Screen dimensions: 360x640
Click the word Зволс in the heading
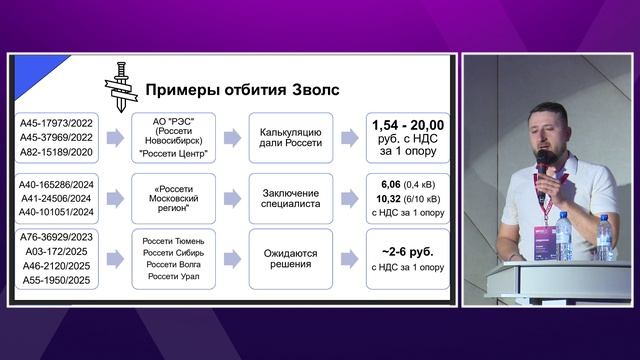(x=311, y=90)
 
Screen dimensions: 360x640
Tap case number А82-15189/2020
(x=56, y=152)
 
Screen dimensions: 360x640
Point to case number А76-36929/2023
(x=56, y=235)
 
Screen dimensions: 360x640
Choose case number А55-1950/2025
(x=56, y=280)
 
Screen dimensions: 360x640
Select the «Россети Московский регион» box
(x=176, y=198)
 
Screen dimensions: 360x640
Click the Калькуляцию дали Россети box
(x=290, y=137)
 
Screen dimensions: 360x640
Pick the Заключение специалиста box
(x=290, y=198)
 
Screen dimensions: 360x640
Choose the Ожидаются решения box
(x=290, y=257)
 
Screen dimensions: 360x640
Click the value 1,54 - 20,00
(x=408, y=125)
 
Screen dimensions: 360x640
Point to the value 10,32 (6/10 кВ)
(x=408, y=199)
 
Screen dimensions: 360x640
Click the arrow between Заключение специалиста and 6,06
(x=349, y=198)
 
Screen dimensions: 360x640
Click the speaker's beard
(x=545, y=147)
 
